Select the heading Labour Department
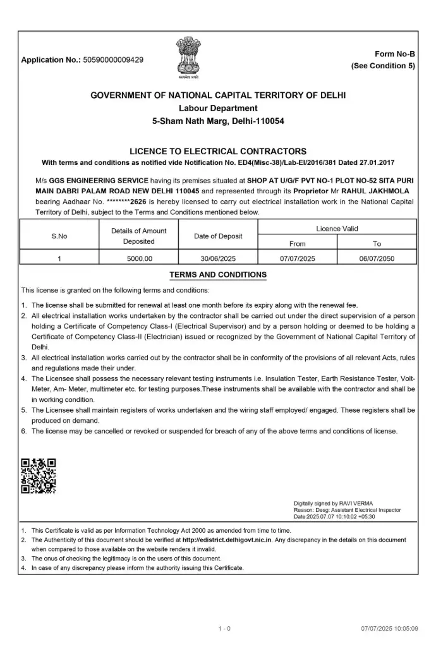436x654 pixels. click(x=218, y=108)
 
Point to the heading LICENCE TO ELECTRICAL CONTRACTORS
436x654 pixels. click(x=218, y=151)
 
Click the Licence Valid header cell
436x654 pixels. click(x=337, y=228)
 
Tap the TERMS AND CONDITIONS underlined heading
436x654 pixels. click(x=218, y=275)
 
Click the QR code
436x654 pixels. click(x=39, y=476)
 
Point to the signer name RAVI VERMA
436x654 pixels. click(x=341, y=503)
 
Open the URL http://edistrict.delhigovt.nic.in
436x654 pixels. click(x=236, y=540)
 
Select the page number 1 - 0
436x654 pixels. click(x=224, y=629)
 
